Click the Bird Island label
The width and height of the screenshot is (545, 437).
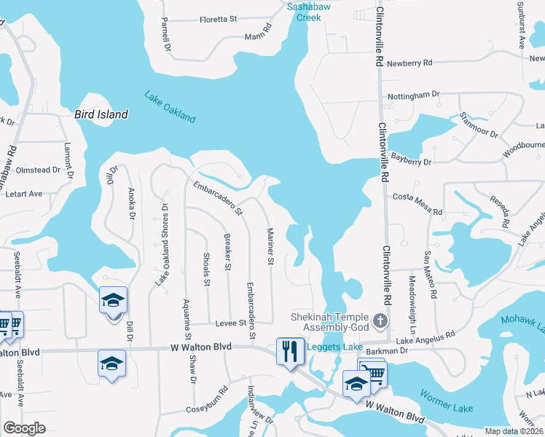click(x=101, y=114)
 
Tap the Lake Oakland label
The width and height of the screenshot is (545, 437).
click(x=170, y=106)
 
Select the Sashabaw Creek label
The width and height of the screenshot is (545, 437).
click(x=313, y=11)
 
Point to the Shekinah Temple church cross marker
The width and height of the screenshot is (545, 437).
click(x=379, y=320)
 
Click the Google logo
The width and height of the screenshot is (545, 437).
click(x=24, y=428)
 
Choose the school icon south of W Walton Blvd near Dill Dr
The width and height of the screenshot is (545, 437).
click(x=111, y=363)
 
